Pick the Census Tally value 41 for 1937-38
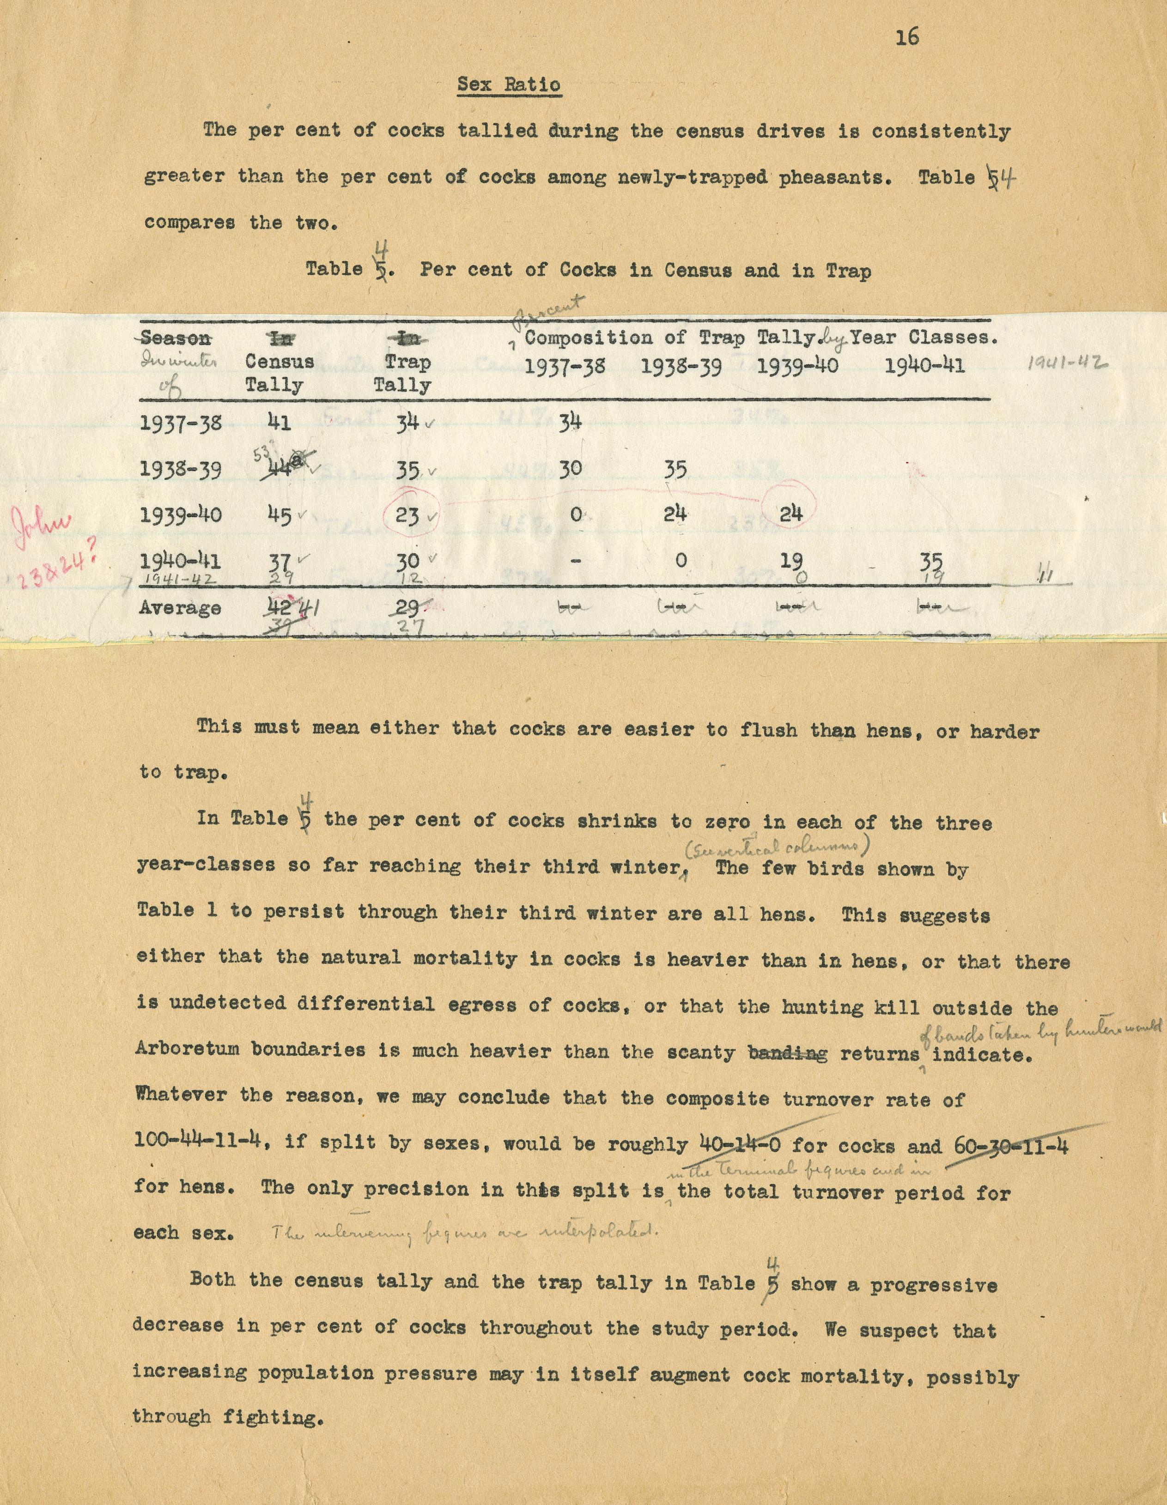pos(279,422)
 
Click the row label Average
pos(180,608)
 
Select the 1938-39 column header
pos(681,366)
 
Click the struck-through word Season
pos(176,338)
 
